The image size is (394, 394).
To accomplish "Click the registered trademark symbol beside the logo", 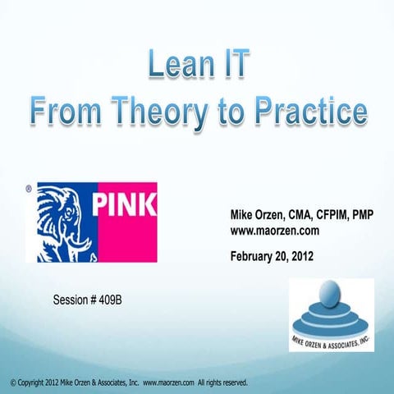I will click(x=30, y=188).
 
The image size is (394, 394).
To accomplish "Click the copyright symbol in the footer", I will click(x=8, y=383).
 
